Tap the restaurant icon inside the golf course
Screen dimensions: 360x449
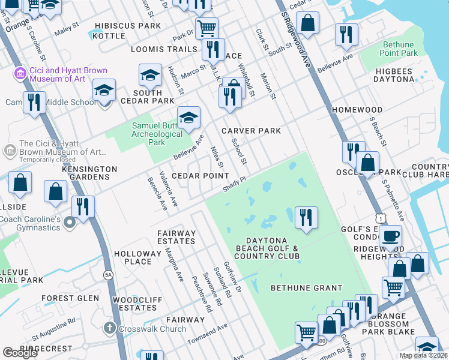[x=306, y=217]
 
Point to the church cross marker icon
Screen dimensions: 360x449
[x=109, y=328]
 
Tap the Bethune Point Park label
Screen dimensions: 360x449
[x=399, y=49]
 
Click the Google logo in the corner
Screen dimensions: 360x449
[x=20, y=353]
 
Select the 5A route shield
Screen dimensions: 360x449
[x=108, y=275]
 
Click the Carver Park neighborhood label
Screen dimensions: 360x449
[x=251, y=131]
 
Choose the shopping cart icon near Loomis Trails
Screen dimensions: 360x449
[x=206, y=27]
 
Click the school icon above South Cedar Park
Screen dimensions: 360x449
[x=150, y=75]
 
